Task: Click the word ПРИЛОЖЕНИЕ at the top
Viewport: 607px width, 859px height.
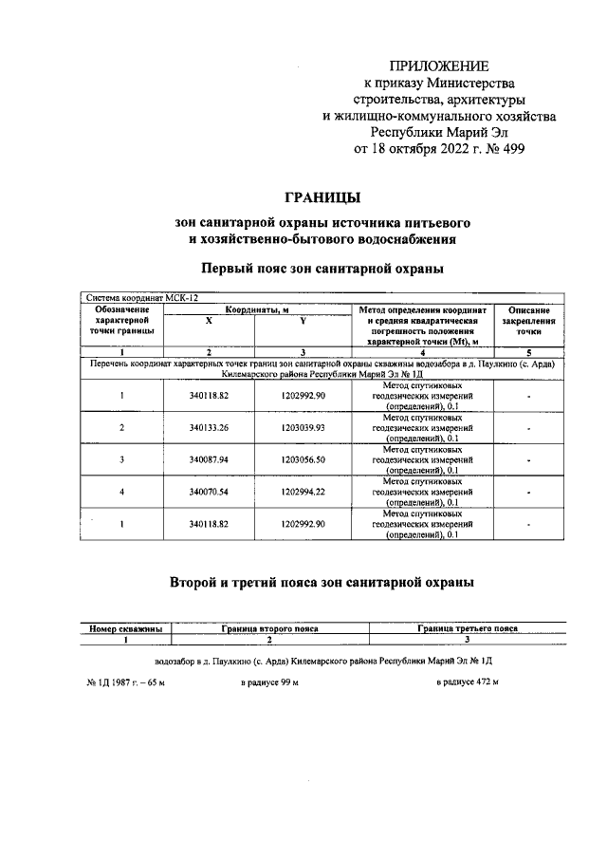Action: click(x=439, y=66)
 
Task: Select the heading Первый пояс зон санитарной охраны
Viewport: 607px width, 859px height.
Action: click(x=322, y=269)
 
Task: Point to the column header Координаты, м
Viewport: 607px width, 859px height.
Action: click(x=256, y=309)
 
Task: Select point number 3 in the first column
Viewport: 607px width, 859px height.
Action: click(x=122, y=459)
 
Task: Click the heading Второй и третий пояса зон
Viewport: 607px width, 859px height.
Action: click(x=322, y=581)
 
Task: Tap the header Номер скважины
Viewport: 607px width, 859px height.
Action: click(x=124, y=628)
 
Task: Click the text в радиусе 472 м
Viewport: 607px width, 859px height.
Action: click(x=468, y=682)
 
